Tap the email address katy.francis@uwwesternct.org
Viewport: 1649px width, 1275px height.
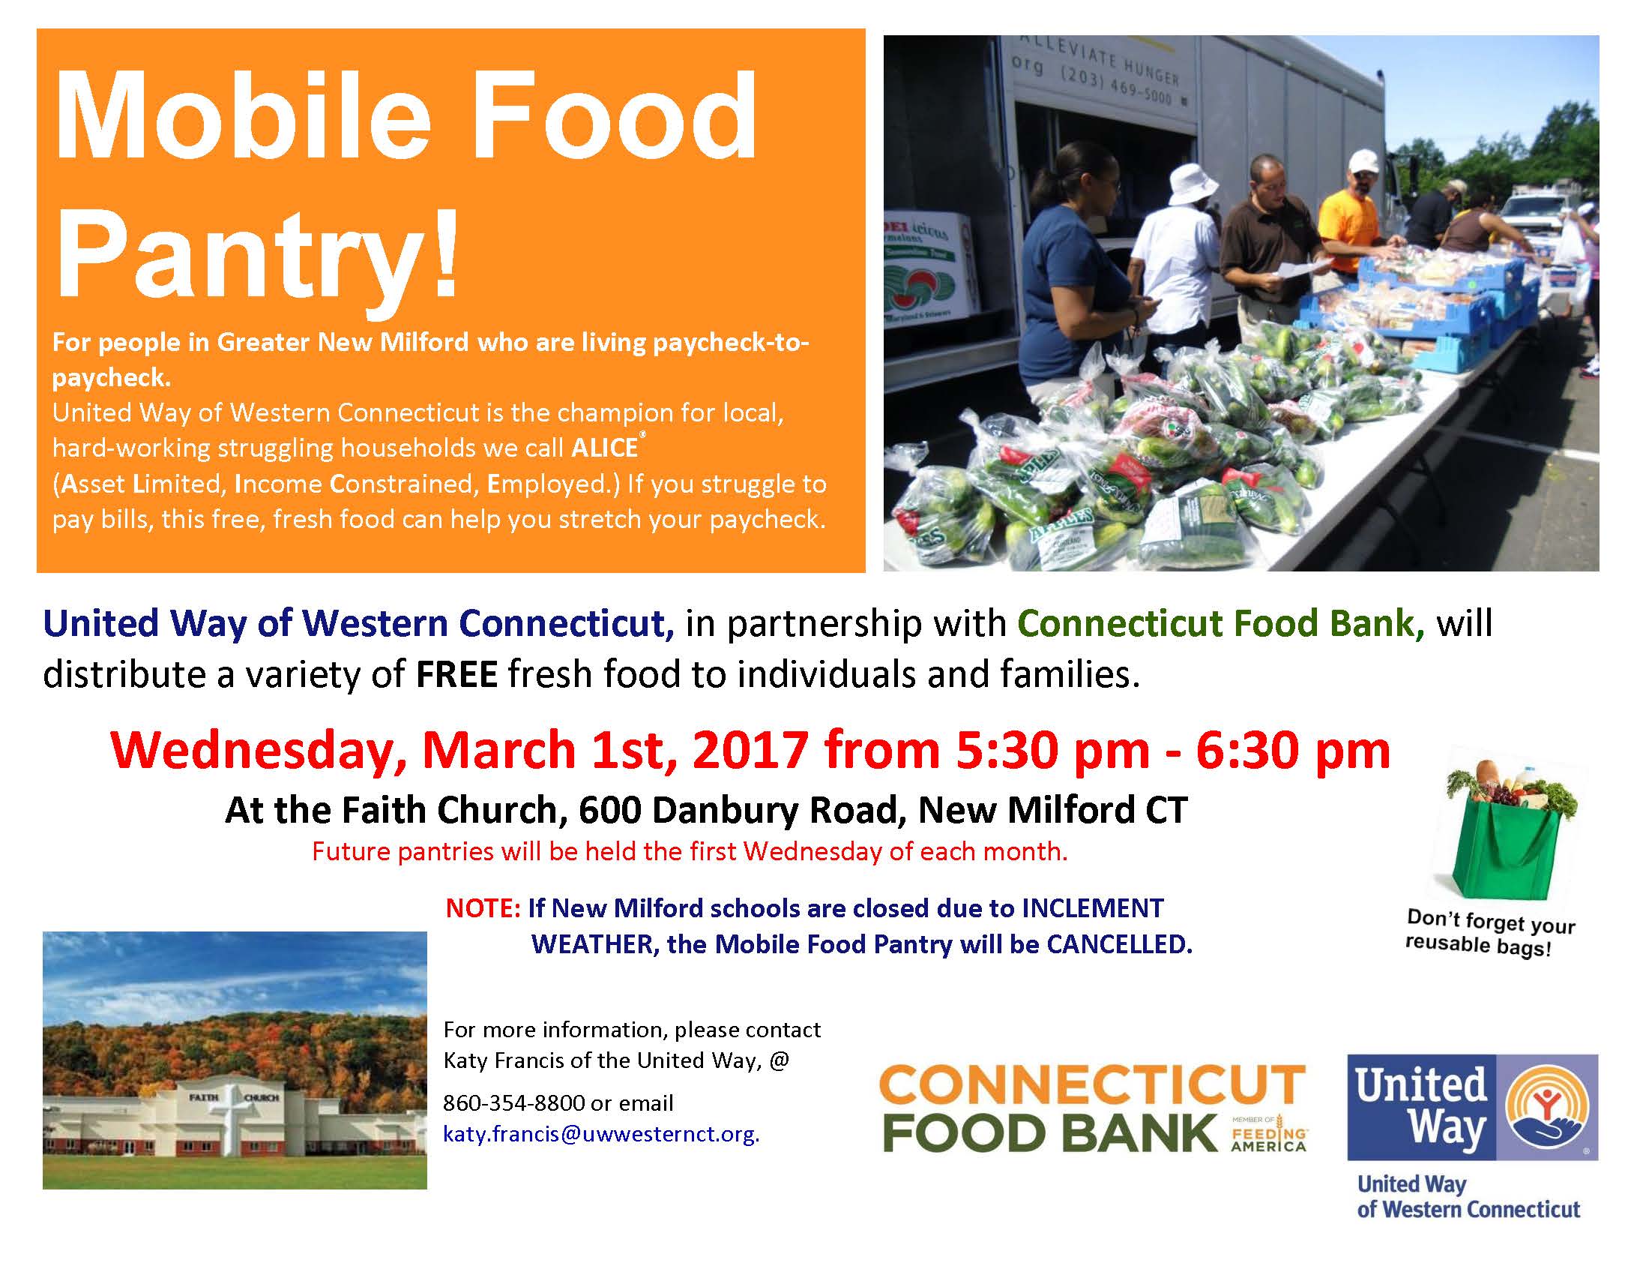[601, 1134]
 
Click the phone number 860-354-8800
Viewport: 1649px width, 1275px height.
[513, 1102]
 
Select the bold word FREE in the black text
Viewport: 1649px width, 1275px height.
[456, 673]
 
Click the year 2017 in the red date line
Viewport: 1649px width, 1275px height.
[750, 750]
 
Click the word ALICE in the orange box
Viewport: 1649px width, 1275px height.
[605, 448]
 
